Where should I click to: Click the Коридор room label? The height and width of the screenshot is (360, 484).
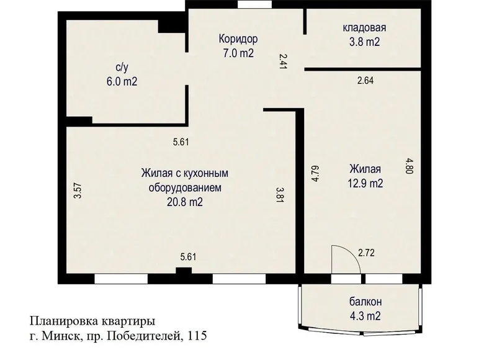(238, 39)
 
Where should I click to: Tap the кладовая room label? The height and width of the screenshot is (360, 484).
(364, 28)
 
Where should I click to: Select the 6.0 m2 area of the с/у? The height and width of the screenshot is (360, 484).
(122, 82)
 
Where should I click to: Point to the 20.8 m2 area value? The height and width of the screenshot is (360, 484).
(185, 202)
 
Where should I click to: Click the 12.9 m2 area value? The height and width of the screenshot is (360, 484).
(365, 184)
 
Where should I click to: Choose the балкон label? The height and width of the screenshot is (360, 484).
(365, 301)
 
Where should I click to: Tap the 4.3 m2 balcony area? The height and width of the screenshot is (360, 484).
(365, 316)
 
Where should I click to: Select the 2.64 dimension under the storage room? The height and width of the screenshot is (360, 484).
(365, 81)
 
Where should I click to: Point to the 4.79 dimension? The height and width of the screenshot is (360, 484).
(315, 174)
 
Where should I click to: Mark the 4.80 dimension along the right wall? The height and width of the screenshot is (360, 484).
(410, 166)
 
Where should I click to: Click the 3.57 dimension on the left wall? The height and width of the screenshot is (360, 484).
(78, 191)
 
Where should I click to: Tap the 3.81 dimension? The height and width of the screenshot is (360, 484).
(279, 194)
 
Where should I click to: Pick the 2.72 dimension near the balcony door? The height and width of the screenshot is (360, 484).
(366, 253)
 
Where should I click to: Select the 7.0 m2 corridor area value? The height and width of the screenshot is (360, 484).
(238, 53)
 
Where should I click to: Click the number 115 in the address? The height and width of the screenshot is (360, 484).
(197, 335)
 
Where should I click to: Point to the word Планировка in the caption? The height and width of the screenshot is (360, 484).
(64, 322)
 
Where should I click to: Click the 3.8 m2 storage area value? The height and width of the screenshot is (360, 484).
(364, 42)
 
